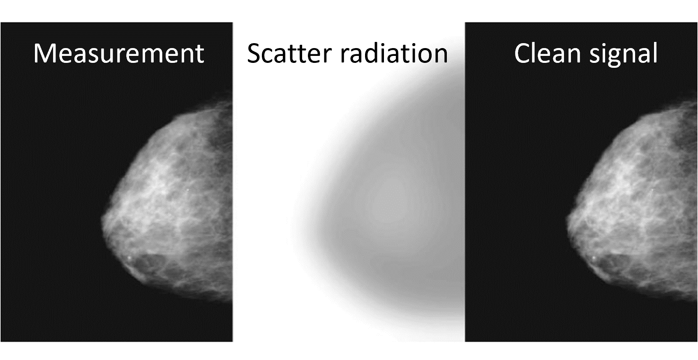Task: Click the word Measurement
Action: (119, 53)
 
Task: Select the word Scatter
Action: (289, 53)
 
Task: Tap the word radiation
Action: (394, 53)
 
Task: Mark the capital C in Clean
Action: (522, 54)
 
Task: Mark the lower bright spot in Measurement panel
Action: (129, 258)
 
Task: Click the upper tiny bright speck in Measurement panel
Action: (188, 189)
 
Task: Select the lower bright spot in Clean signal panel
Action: (594, 258)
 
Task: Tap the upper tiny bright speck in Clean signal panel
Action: (652, 189)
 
